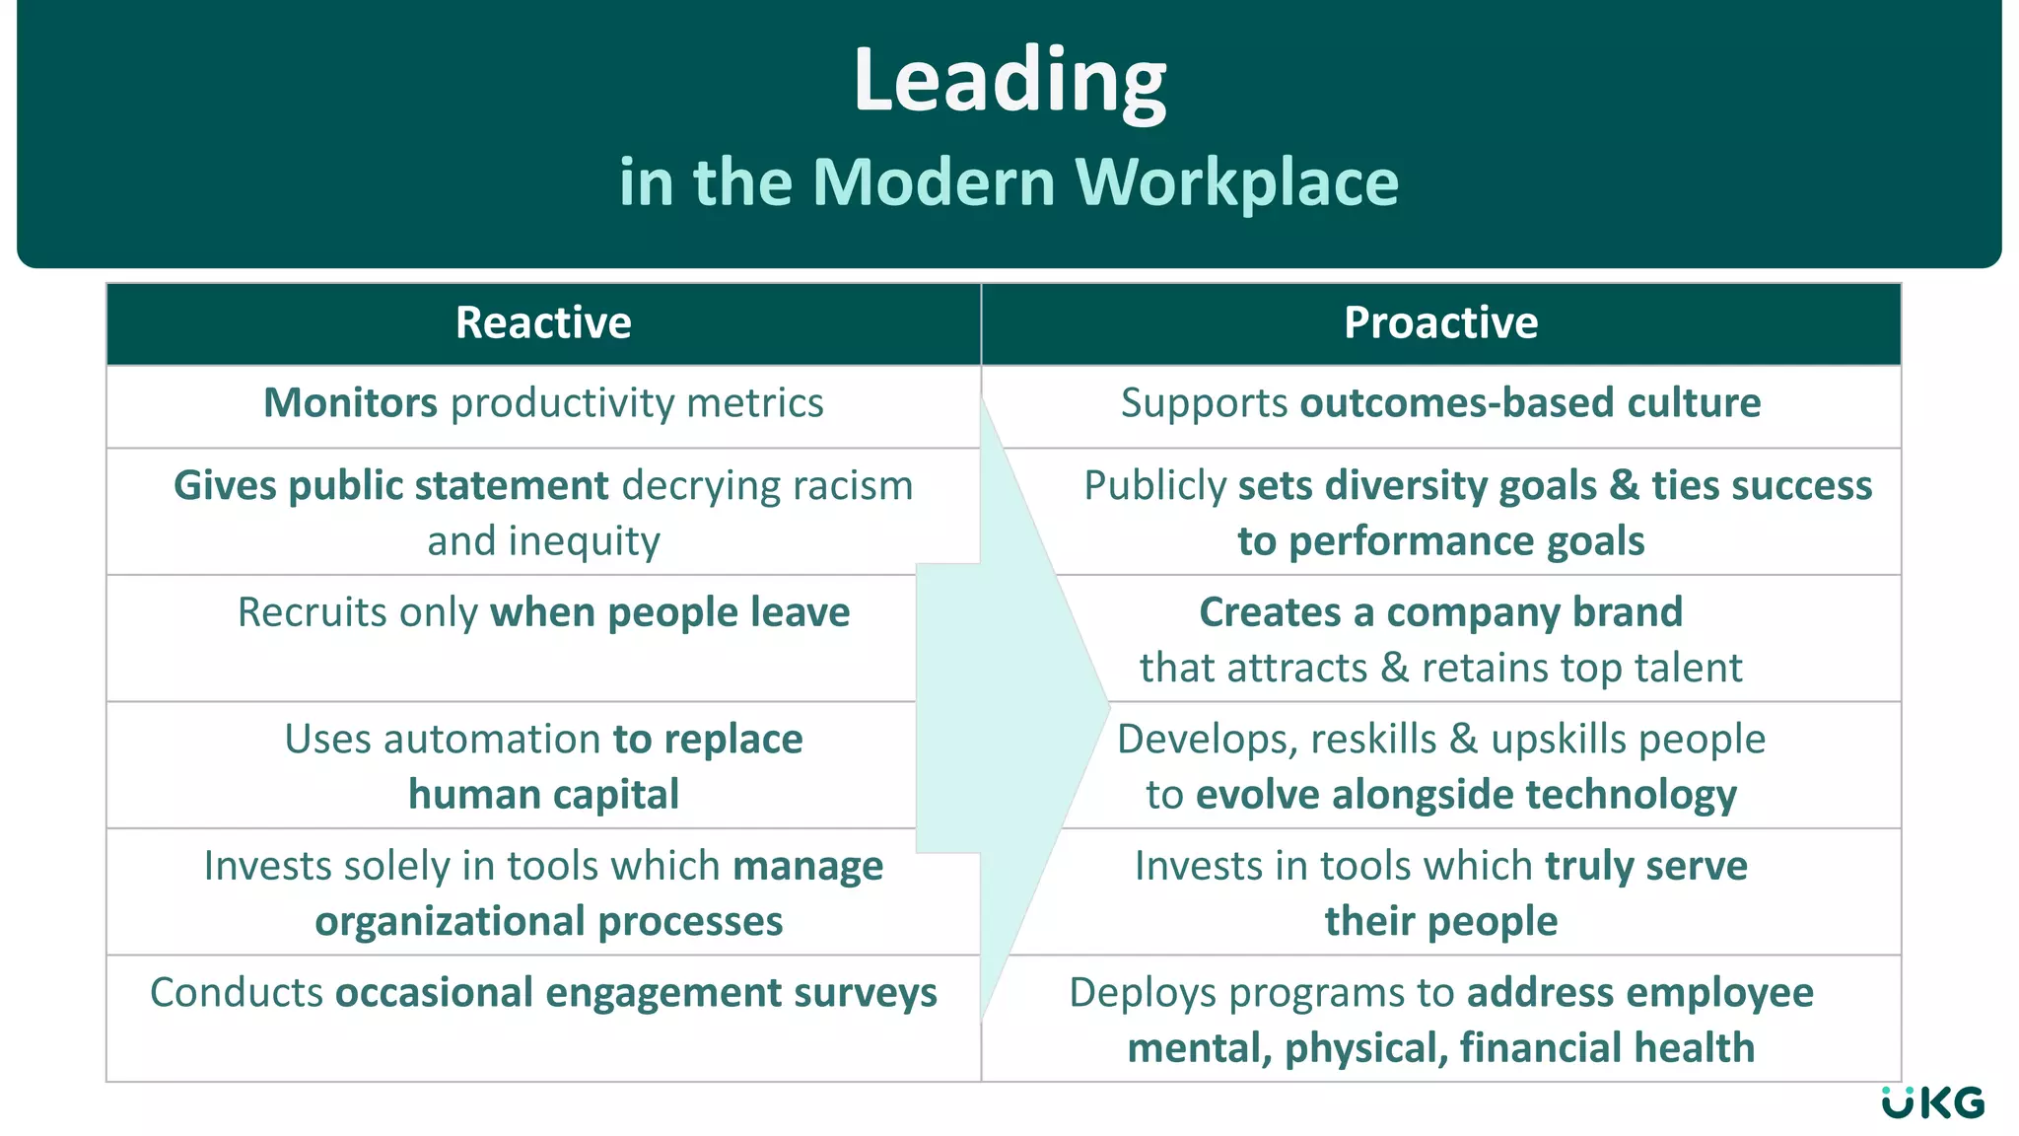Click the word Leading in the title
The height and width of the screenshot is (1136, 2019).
(1009, 81)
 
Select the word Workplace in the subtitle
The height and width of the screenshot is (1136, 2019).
(1236, 182)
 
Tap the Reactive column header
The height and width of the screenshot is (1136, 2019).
(543, 323)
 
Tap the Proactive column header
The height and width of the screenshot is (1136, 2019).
(1440, 323)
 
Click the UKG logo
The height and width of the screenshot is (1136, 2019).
(1932, 1102)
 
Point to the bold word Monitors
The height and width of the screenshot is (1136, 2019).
(350, 403)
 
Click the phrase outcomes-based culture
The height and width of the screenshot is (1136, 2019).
(1530, 403)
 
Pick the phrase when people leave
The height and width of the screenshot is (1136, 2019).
(669, 612)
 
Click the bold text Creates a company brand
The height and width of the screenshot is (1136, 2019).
(1440, 612)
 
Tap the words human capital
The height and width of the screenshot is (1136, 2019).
(543, 795)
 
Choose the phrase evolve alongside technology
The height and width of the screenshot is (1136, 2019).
(1466, 795)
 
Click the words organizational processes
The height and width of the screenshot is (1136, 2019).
(548, 921)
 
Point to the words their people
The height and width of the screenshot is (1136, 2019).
(1440, 921)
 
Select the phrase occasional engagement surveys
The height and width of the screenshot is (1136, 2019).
(636, 993)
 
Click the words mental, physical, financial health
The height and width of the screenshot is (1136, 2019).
(1440, 1048)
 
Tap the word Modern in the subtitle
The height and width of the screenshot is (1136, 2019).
(934, 182)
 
